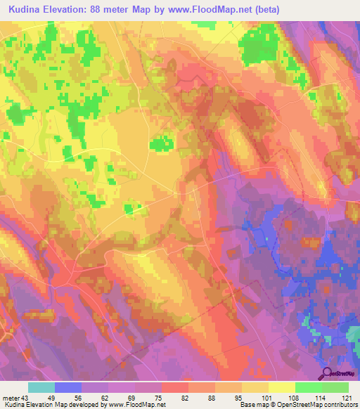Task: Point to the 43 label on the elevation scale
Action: [x=25, y=397]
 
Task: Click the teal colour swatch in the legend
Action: [x=41, y=387]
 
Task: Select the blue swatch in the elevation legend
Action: [x=68, y=387]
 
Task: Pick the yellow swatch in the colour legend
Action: [x=282, y=387]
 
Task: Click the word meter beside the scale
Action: [x=11, y=397]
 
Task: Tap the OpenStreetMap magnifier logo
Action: [x=326, y=373]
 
